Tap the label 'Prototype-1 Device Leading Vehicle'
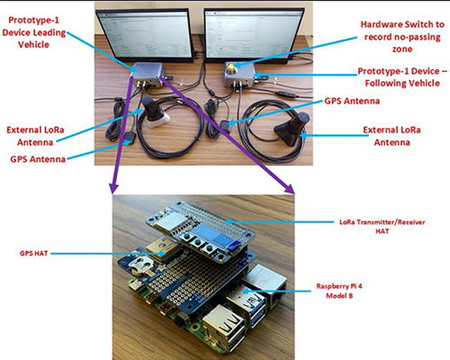coord(33,32)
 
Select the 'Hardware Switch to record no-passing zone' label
coord(402,37)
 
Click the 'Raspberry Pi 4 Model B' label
coord(339,291)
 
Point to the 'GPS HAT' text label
coord(34,253)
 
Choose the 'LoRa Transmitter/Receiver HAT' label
coord(382,227)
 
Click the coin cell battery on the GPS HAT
coord(142,266)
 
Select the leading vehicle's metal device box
coord(148,74)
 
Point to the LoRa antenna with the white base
coord(155,112)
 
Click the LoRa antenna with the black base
coord(291,129)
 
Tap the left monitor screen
coord(145,35)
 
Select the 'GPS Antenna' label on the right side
coord(352,101)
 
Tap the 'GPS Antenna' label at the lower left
coord(38,158)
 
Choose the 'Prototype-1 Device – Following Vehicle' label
coord(402,77)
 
